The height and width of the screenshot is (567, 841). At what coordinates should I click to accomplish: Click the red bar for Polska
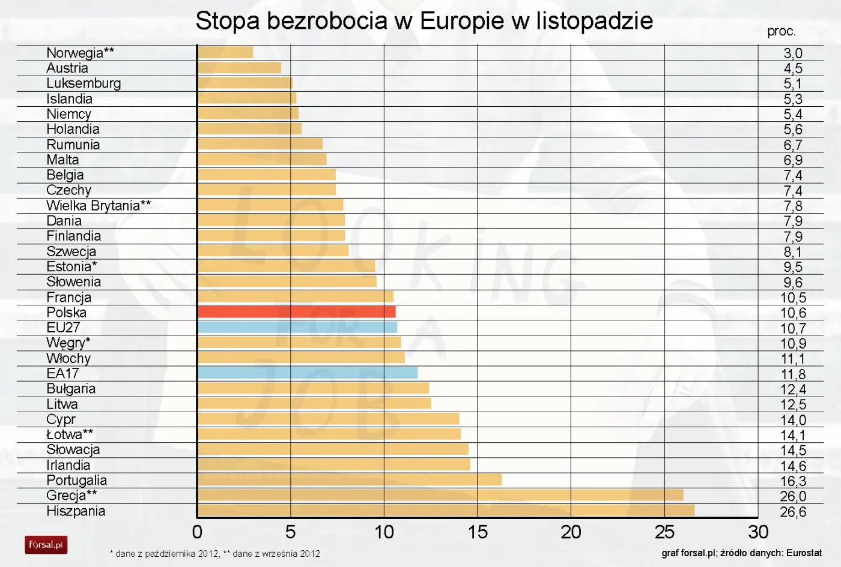pos(296,312)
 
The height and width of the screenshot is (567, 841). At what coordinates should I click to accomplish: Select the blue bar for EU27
pos(297,327)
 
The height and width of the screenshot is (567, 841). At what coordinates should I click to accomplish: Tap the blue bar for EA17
pos(308,373)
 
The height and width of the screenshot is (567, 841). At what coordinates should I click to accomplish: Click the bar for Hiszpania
pos(446,511)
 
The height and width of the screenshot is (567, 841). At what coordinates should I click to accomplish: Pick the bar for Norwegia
pos(225,52)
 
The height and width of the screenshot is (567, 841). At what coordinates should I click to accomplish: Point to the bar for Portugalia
pos(350,480)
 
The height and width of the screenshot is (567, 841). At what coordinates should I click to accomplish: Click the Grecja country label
pos(71,496)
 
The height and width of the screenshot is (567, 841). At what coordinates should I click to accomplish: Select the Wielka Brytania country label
pos(99,206)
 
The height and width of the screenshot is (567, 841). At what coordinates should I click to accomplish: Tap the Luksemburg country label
pos(83,83)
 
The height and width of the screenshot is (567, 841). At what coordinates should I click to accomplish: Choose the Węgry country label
pos(68,343)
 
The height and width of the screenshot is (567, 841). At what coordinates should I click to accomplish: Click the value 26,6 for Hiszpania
pos(793,512)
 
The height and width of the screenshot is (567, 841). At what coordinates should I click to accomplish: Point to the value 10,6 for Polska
pos(793,313)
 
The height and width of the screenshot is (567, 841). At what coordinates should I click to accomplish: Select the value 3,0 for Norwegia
pos(793,53)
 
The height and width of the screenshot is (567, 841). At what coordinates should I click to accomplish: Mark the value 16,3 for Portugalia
pos(793,481)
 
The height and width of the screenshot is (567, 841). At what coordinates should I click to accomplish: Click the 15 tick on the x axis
pos(478,532)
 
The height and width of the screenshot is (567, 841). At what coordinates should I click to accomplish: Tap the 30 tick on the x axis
pos(758,532)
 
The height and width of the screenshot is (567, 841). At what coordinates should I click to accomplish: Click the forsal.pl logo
pos(46,545)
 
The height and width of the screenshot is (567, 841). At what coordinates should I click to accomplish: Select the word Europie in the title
pos(462,21)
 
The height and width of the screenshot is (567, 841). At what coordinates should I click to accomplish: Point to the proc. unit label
pos(781,31)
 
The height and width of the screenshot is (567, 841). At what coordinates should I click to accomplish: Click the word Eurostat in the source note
pos(803,553)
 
